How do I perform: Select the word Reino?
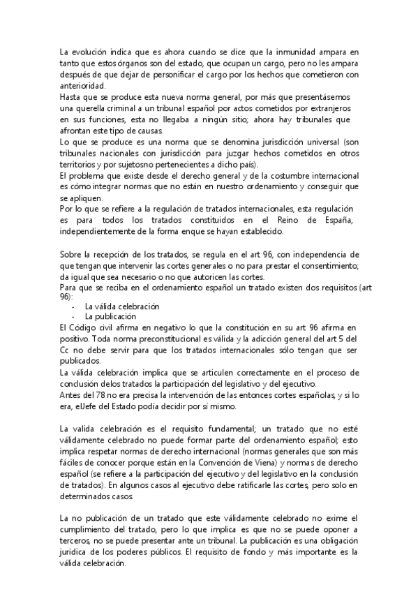tap(298, 220)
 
